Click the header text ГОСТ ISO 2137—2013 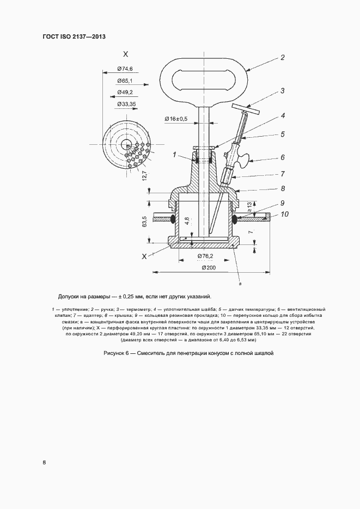coord(74,36)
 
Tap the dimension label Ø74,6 coord(125,69)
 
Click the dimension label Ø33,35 coord(126,104)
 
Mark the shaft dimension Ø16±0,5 coord(176,118)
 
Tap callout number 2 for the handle coord(283,57)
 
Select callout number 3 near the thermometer coord(283,91)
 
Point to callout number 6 coord(283,158)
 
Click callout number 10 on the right coord(284,214)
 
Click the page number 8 coord(44,463)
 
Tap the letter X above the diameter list coord(125,54)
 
